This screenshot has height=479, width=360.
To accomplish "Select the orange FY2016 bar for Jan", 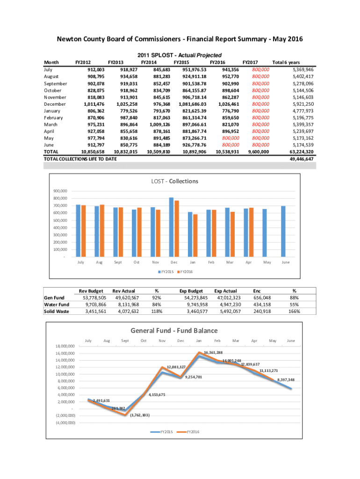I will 195,235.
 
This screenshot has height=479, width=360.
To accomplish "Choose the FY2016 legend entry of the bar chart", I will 187,272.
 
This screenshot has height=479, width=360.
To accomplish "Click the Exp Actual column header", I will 225,290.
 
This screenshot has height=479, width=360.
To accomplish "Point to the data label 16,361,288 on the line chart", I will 213,352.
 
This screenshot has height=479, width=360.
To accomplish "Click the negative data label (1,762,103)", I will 140,415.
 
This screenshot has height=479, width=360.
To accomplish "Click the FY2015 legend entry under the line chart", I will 164,432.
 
